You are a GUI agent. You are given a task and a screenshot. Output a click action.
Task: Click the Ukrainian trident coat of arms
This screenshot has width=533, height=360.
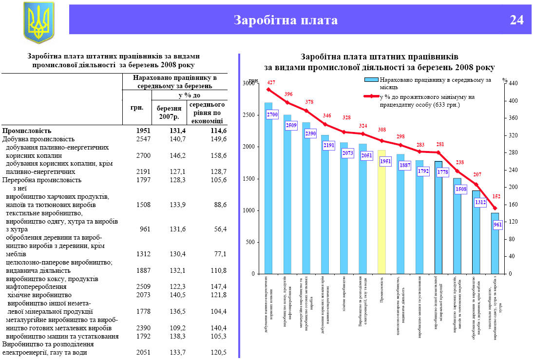pos(39,22)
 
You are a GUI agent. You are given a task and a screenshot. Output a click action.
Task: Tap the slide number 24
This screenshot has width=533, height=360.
pos(516,20)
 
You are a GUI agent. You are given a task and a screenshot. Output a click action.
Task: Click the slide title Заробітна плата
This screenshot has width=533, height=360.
pos(286,20)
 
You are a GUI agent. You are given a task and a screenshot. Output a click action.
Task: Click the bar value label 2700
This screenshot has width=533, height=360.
pos(272,115)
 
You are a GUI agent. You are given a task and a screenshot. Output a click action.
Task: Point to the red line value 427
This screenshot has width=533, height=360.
pos(271,82)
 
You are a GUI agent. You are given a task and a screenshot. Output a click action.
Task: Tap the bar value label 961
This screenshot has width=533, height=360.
pos(497,225)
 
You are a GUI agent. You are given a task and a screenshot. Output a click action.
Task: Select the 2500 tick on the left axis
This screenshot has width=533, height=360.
pos(249,115)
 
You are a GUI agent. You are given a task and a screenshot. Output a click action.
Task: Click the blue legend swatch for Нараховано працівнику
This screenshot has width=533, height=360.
pos(371,80)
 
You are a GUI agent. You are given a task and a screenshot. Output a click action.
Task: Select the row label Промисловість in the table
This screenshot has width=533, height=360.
pos(27,131)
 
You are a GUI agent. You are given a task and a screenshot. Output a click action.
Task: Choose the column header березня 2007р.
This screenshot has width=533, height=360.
pos(169,113)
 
